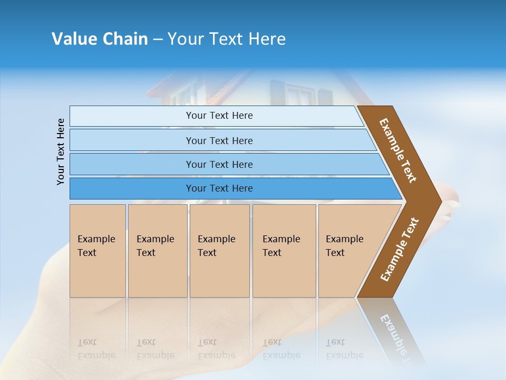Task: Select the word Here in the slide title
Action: (267, 39)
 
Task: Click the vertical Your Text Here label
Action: (61, 151)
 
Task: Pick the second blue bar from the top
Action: (219, 140)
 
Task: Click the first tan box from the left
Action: (98, 251)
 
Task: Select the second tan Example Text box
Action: (158, 251)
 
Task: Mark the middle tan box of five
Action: (219, 251)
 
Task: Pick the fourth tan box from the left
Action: (284, 251)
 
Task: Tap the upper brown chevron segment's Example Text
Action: (398, 150)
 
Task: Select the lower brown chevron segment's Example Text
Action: (399, 250)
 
